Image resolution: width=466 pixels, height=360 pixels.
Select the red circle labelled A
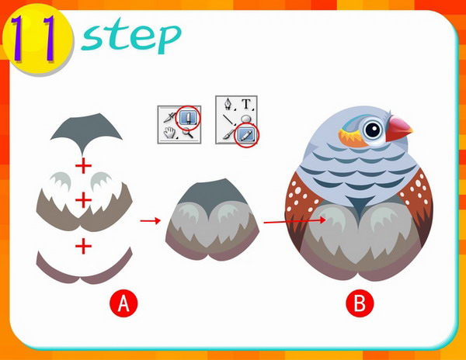pos(123,303)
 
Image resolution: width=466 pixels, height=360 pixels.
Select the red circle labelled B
pos(360,303)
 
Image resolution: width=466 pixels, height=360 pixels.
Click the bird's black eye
pos(373,130)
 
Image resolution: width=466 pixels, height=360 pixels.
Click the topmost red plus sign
pos(83,165)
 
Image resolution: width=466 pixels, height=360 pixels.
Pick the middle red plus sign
pos(83,199)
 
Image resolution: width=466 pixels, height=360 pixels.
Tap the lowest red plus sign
pos(83,246)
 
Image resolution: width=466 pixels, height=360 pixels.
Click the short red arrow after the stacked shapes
pos(151,220)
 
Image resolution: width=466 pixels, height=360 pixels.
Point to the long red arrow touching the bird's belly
pos(295,221)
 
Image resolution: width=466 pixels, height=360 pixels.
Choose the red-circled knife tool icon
pos(188,117)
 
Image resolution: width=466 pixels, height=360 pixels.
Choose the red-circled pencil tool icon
pos(246,135)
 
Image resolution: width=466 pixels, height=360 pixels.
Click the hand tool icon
pos(170,133)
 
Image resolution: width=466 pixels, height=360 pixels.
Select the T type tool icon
pos(246,104)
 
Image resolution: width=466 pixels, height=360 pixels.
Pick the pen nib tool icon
pos(228,104)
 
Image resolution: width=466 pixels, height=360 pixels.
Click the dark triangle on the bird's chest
pos(360,205)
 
